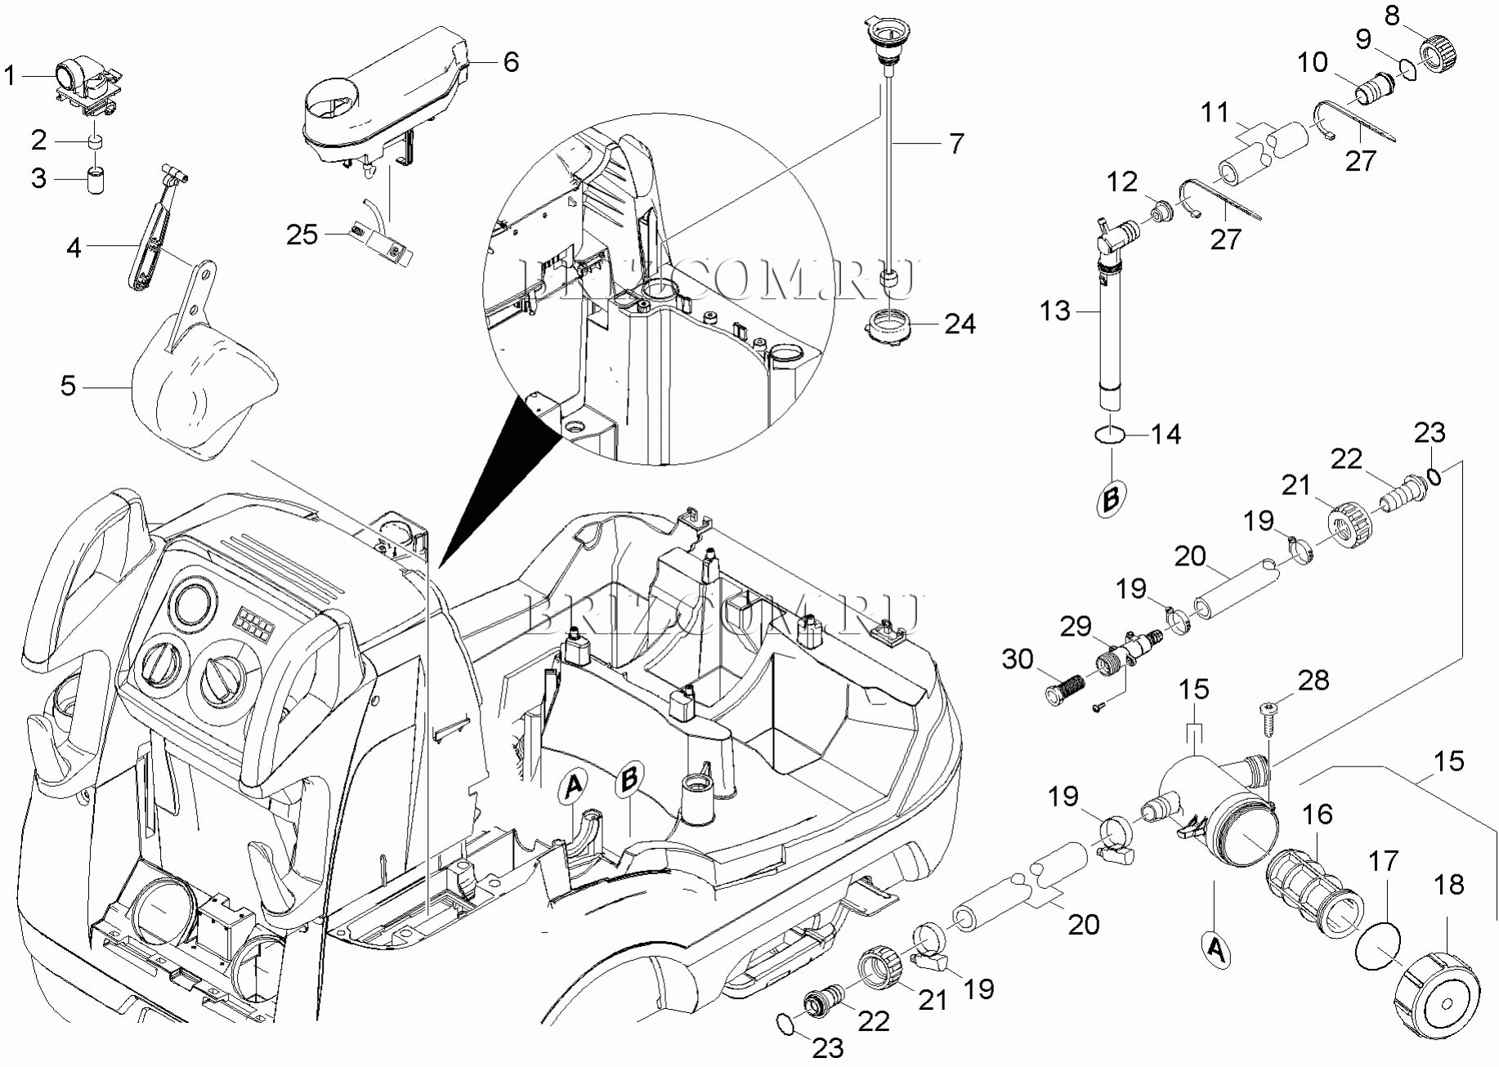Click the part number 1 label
(x=10, y=77)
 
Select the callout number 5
(x=68, y=386)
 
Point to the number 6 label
(x=511, y=62)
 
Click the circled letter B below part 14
(x=1111, y=498)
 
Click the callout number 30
(x=1018, y=659)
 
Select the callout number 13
(x=1055, y=311)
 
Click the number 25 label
(x=302, y=235)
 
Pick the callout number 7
(x=956, y=144)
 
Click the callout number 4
(x=74, y=248)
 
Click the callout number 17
(x=1384, y=860)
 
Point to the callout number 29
(x=1076, y=627)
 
